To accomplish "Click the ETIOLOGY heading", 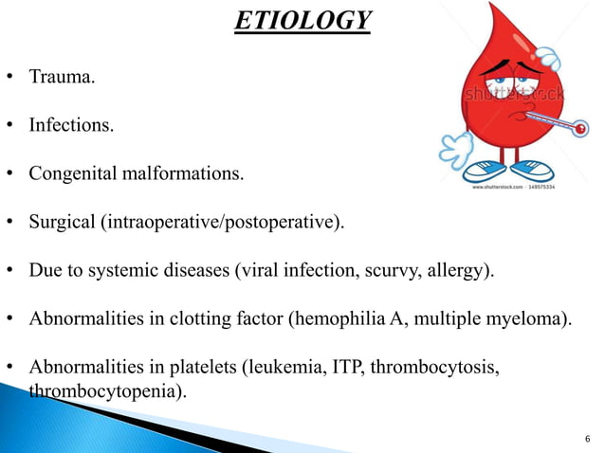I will coord(303,19).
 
